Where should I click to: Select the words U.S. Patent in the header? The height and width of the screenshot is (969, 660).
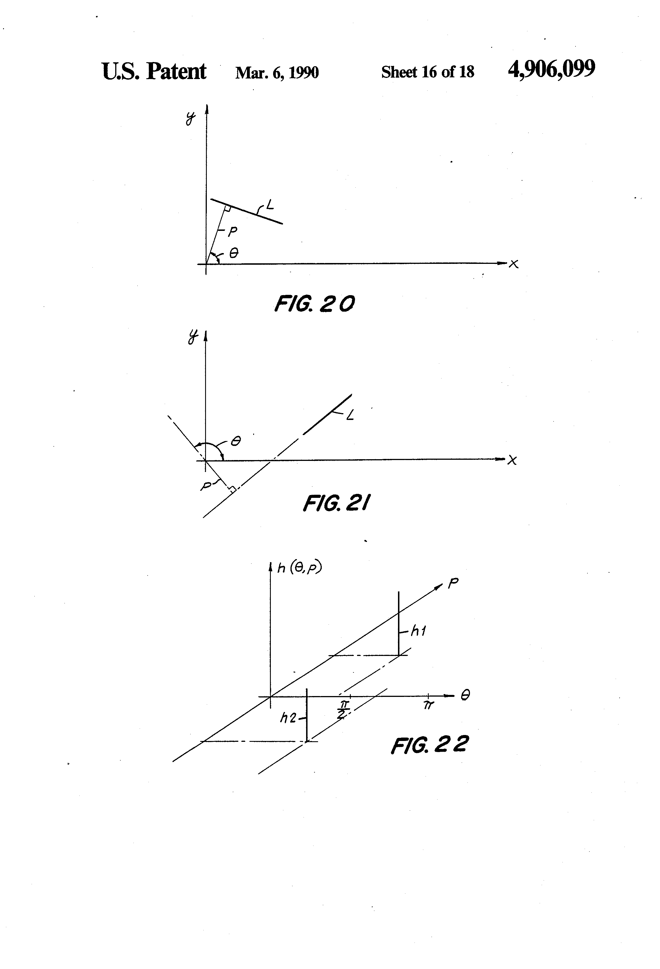pos(154,71)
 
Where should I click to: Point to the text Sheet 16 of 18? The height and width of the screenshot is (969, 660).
pos(427,72)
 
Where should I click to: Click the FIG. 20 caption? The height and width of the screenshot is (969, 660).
pos(314,304)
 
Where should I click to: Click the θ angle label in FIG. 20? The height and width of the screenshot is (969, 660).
pos(234,253)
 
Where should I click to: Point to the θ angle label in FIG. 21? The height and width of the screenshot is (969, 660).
pos(236,441)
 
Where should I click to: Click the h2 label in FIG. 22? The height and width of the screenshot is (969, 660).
pos(288,718)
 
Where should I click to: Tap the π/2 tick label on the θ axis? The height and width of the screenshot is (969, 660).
pos(343,710)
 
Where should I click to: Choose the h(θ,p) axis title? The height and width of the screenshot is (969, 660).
pos(300,568)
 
